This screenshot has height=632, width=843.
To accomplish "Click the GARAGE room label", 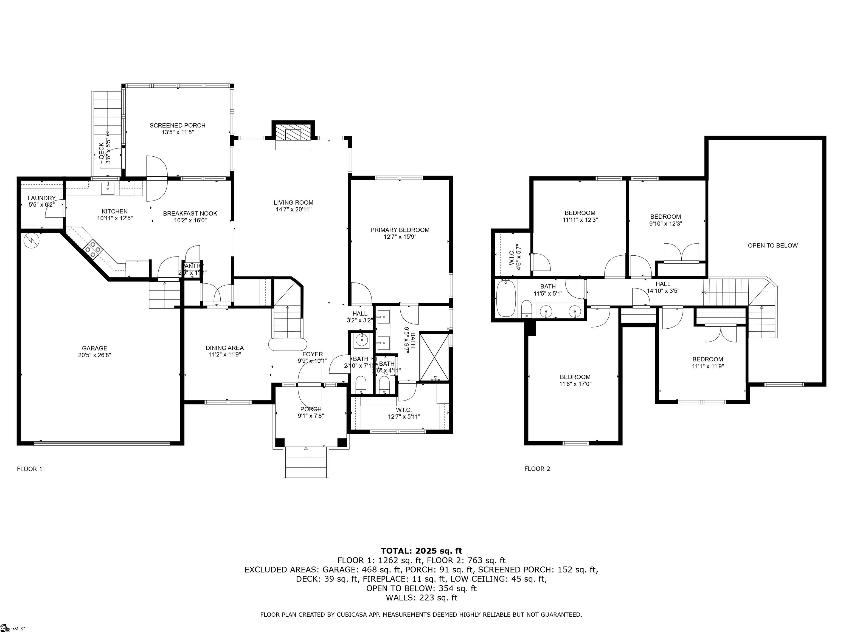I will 94,348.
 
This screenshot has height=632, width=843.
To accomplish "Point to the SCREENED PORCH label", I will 177,125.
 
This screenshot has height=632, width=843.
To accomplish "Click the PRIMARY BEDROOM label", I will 400,230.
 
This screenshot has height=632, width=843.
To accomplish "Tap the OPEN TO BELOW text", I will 772,245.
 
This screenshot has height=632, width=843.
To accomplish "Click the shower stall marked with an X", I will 434,357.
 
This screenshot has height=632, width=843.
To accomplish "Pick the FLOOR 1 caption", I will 30,469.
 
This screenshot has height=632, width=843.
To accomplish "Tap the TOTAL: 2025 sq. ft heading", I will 421,551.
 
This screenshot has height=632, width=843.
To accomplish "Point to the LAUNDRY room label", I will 41,198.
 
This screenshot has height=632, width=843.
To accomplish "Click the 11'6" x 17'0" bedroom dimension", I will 575,384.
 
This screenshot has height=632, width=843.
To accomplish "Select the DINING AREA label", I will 224,348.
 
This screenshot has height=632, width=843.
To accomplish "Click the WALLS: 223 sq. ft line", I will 421,598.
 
